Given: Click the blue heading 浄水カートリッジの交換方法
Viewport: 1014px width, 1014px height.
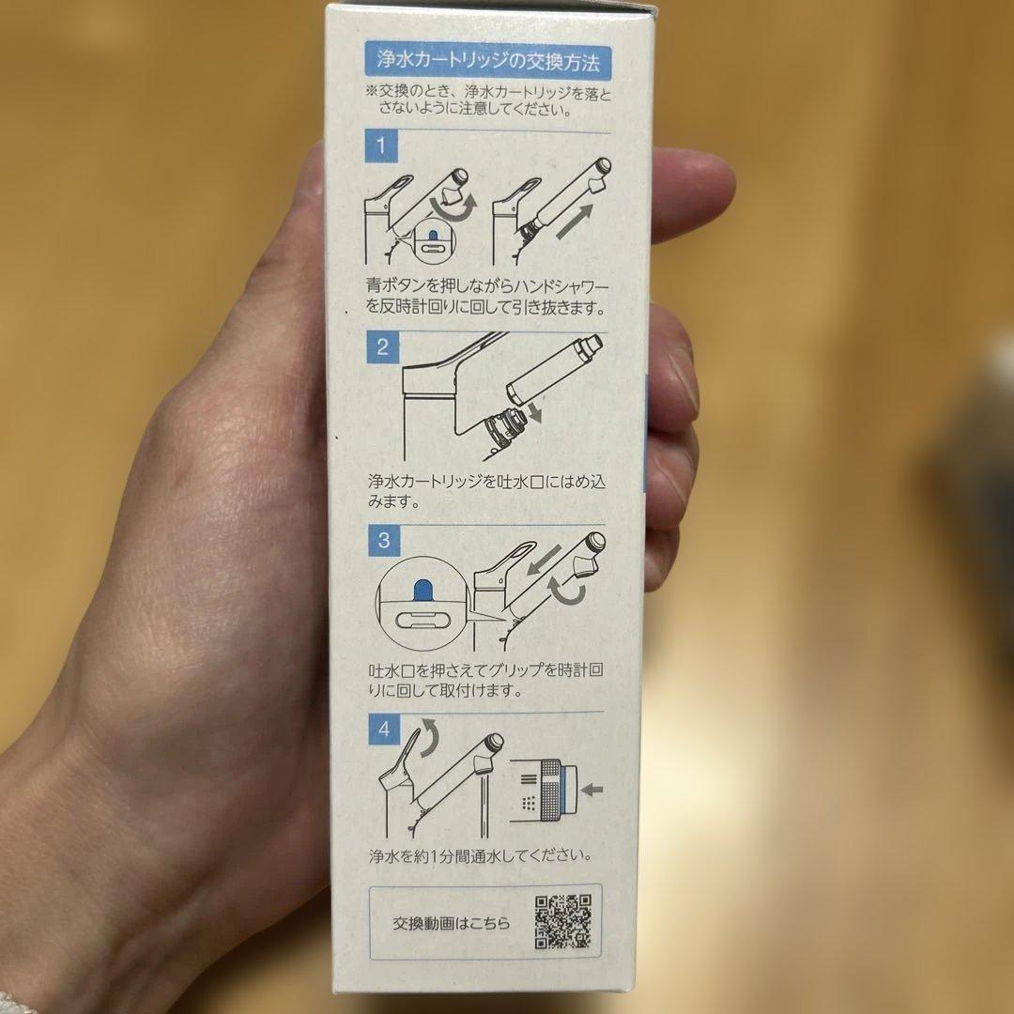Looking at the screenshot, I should [x=487, y=64].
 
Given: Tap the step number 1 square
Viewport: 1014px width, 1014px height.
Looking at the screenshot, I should [x=382, y=146].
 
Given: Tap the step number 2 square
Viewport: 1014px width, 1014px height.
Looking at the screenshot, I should [x=382, y=347].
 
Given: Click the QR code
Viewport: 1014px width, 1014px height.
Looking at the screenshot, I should [x=563, y=922].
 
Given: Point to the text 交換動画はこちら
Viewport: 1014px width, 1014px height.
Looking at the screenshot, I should [x=452, y=923].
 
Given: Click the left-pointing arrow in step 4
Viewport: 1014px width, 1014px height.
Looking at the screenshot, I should [x=591, y=789].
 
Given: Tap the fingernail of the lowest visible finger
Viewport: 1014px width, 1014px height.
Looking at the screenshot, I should [x=662, y=563].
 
